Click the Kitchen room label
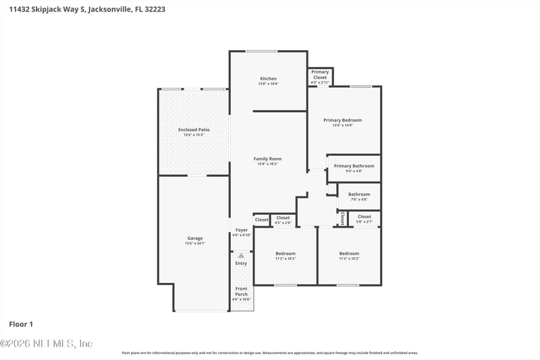268,78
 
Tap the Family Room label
268,159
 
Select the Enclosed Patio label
194,129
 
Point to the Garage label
195,238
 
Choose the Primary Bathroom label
354,165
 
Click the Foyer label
241,230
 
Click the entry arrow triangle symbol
241,255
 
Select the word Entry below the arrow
241,263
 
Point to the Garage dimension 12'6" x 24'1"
195,243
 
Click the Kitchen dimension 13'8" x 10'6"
268,83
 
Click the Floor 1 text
21,324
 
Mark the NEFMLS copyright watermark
47,343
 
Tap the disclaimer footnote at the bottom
269,353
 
